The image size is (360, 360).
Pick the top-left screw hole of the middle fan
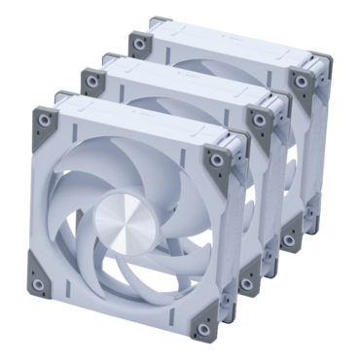point(90,75)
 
